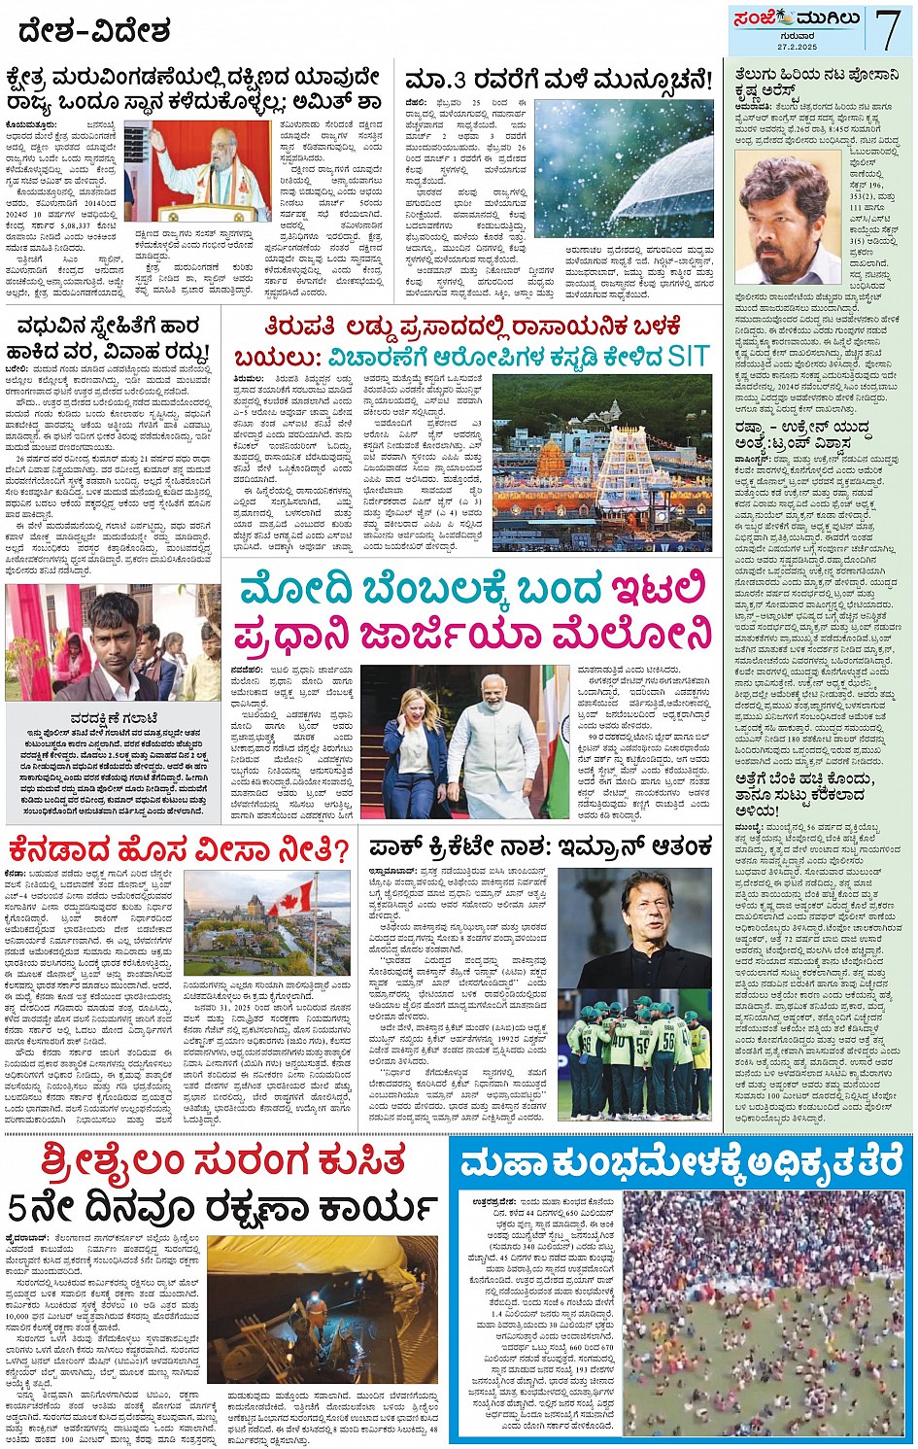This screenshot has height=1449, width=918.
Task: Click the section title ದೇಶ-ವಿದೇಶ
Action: (93, 30)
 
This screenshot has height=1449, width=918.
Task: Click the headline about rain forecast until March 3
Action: (559, 80)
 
